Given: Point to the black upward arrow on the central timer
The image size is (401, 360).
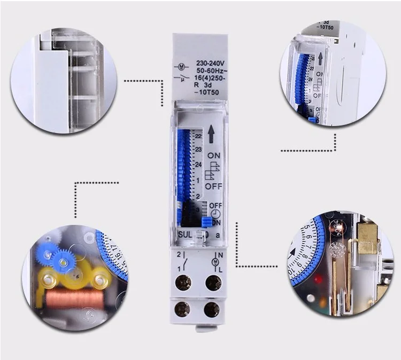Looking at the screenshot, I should pos(211,134).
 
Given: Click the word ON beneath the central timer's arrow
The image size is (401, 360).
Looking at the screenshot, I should pos(214,155).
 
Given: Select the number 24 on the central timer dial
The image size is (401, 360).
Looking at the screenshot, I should pos(198,164).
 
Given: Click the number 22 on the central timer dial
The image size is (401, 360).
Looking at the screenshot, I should pos(198,136).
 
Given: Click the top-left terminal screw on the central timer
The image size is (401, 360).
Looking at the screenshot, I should pos(185,282).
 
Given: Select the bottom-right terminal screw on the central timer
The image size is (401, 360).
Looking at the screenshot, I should pos(212,308).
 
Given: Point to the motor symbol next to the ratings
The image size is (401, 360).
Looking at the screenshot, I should pos(181,66).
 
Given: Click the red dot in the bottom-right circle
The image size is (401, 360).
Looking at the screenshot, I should pos(318,279).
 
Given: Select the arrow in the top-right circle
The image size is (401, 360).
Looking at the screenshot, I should pos(320,58).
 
